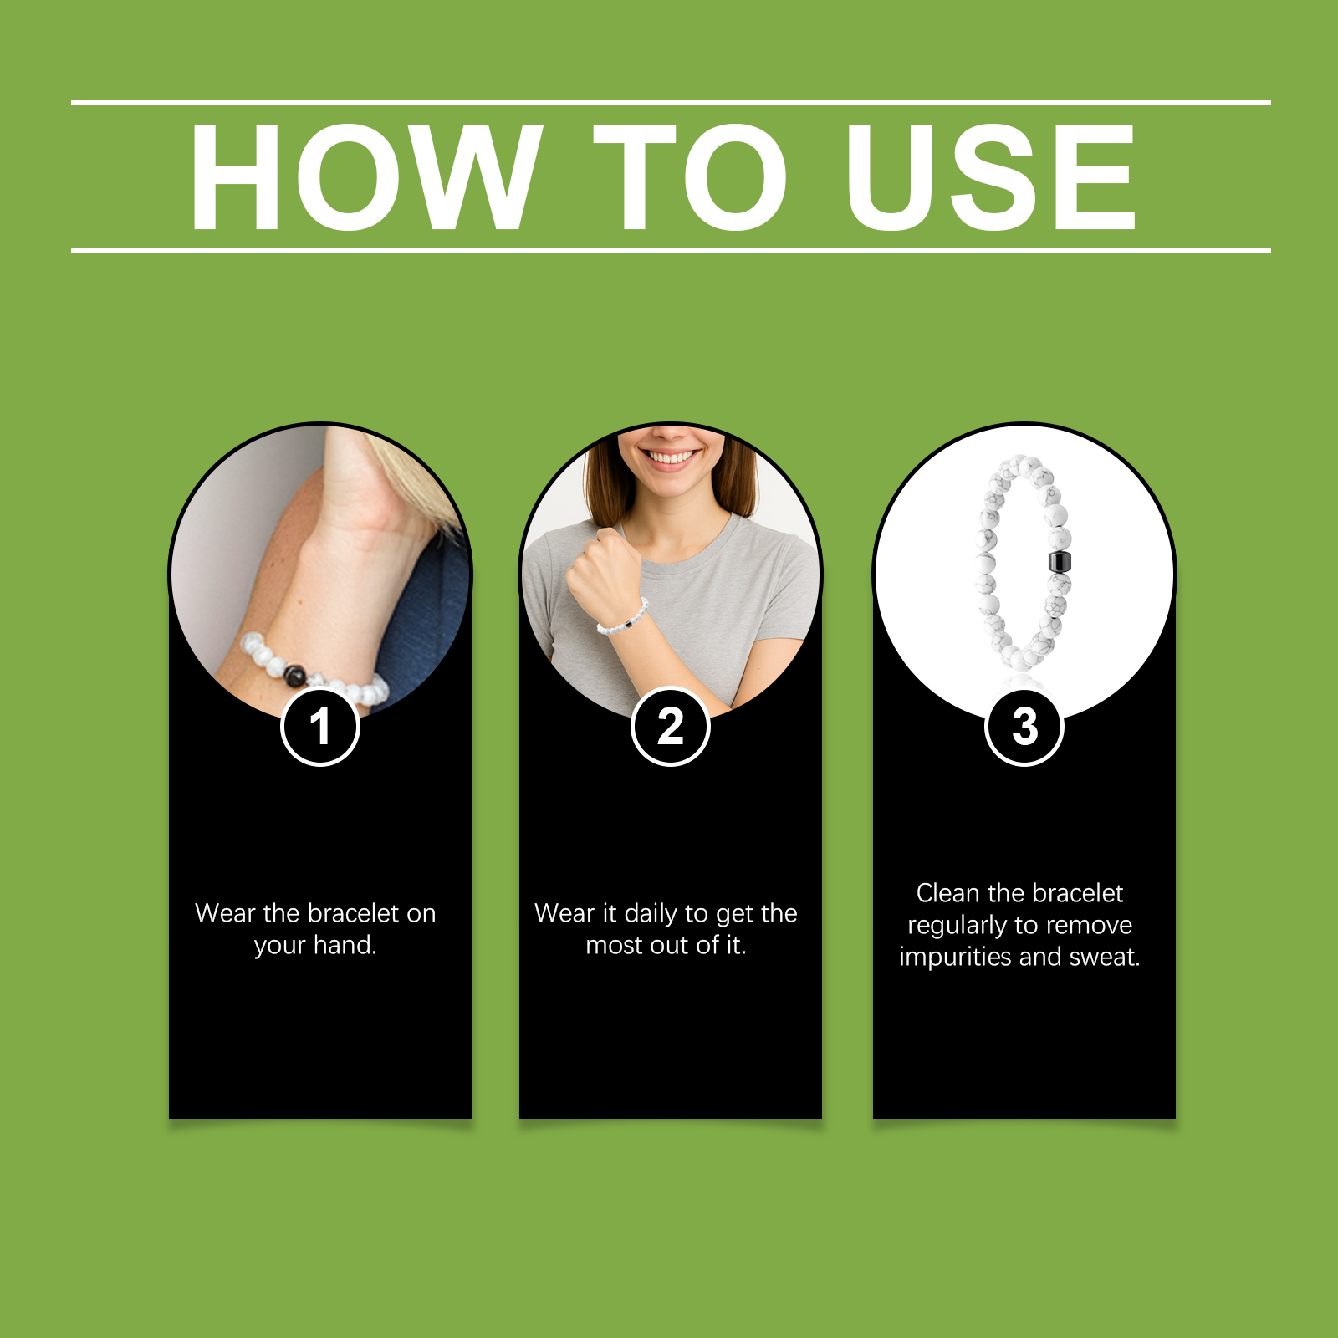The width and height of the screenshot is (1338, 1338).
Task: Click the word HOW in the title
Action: pos(365,176)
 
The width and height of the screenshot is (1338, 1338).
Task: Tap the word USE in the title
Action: pos(991,176)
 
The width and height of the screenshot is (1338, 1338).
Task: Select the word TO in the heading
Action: pos(691,176)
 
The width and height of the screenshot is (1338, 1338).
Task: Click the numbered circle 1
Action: pos(320,726)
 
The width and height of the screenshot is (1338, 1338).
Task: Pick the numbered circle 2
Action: pos(670,726)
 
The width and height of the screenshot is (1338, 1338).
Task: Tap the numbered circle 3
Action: pos(1024,726)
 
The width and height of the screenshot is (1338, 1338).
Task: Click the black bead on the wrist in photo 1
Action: pos(295,674)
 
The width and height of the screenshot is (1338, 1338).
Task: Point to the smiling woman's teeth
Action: pos(672,457)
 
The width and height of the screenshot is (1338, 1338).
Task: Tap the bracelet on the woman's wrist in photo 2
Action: pos(623,618)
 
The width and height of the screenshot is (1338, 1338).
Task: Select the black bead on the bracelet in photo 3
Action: pos(1060,562)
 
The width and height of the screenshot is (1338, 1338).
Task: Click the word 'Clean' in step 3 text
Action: pos(948,893)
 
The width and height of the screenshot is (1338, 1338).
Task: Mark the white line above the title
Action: pos(671,102)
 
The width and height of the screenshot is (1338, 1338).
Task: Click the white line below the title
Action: pos(671,250)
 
